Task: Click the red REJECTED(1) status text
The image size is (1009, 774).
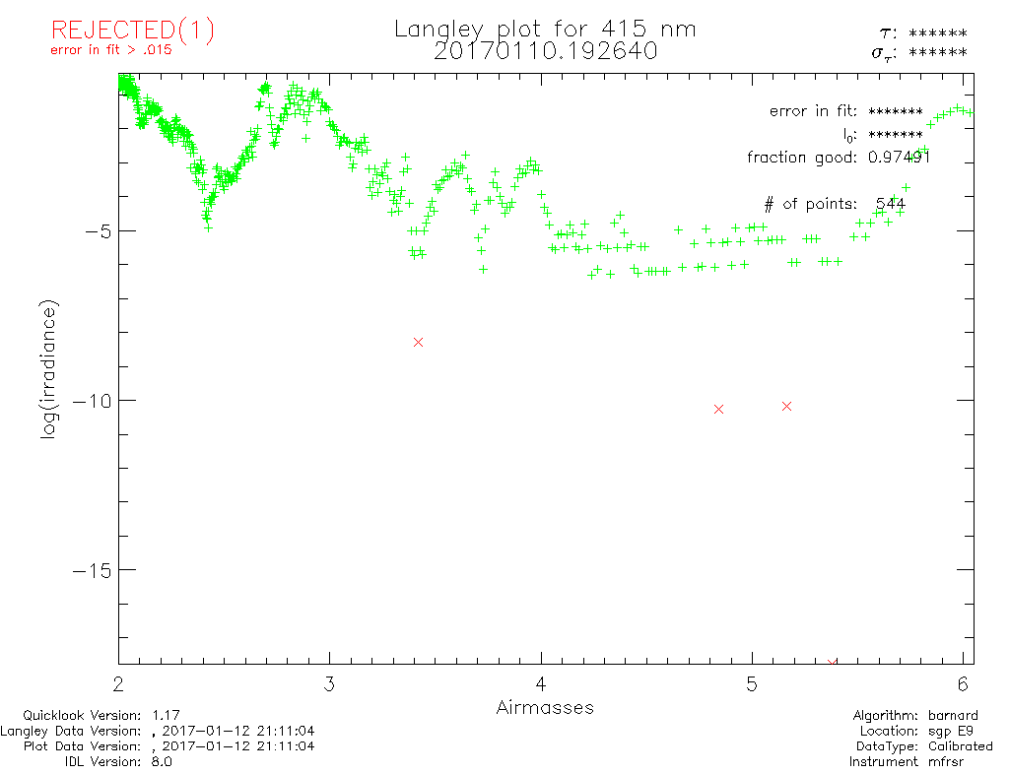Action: [x=132, y=32]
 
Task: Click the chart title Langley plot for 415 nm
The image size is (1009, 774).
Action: [x=545, y=30]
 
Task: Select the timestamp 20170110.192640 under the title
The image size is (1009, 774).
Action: [x=545, y=51]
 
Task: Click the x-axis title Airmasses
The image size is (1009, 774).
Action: [x=545, y=707]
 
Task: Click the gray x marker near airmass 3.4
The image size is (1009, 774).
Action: [x=418, y=342]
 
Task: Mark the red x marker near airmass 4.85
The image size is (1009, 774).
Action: [x=718, y=409]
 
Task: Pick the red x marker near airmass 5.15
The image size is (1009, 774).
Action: [x=786, y=406]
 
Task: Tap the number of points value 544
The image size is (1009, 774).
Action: [x=891, y=204]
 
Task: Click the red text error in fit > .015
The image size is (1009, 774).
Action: [x=111, y=50]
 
